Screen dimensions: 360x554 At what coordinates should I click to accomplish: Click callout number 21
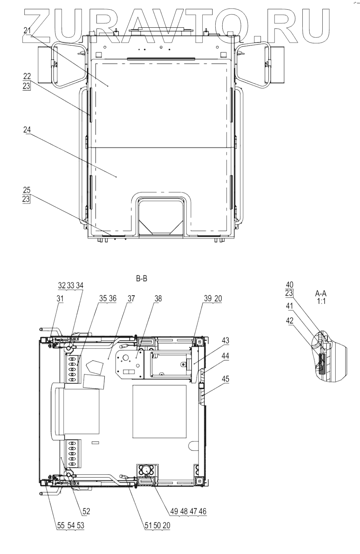pos(27,31)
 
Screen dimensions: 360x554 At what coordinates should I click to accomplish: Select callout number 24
pos(27,130)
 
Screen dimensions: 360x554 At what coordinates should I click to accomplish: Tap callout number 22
pos(27,76)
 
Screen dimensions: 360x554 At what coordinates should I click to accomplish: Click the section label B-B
pos(142,279)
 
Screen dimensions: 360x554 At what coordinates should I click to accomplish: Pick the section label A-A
pos(321,293)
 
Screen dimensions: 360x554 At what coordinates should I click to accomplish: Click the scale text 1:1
pos(321,302)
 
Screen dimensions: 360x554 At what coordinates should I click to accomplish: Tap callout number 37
pos(131,299)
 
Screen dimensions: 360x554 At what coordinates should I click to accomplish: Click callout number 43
pos(225,340)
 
